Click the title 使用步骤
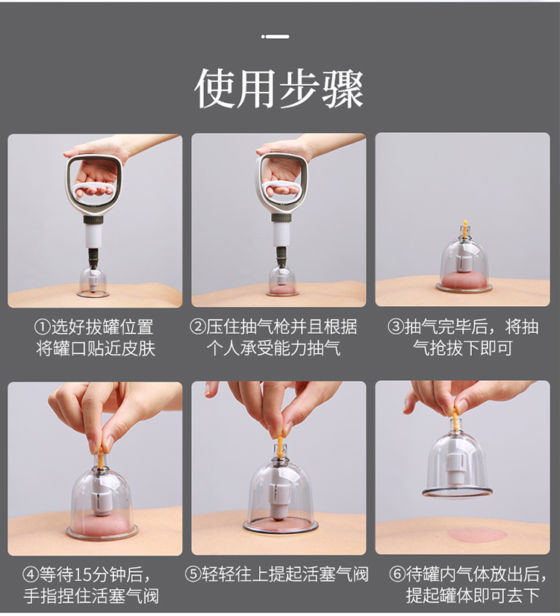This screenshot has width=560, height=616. (279, 89)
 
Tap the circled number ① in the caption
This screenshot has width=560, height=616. (43, 328)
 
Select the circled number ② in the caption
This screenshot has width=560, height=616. (197, 328)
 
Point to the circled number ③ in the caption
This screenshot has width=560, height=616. (395, 328)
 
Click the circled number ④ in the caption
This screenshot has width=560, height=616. (31, 575)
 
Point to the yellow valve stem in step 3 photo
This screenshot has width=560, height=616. (464, 228)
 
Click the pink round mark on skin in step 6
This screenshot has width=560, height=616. (475, 535)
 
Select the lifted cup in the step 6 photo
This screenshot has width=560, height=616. (457, 459)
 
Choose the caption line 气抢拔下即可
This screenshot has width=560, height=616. (462, 348)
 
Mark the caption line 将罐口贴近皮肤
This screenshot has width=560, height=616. (96, 348)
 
